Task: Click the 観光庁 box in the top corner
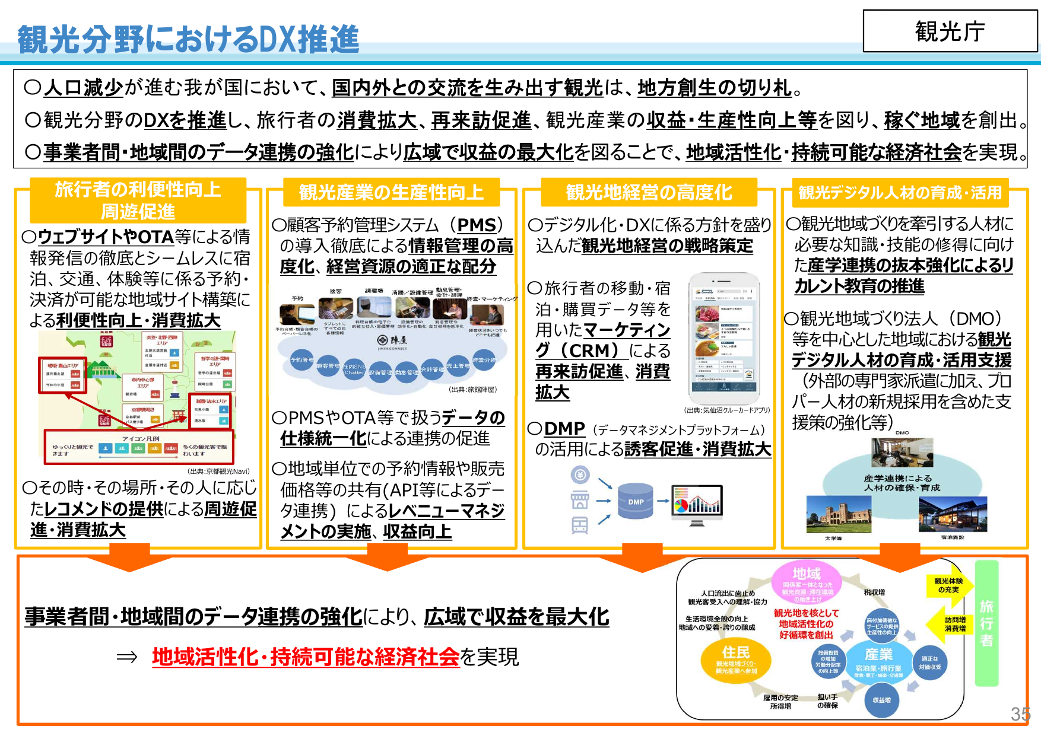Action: tap(950, 31)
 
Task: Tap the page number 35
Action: tap(1020, 714)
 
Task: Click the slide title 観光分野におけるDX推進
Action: tap(188, 39)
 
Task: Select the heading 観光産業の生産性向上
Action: tap(391, 192)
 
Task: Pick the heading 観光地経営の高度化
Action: tap(649, 192)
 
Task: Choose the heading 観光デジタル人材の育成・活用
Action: tap(900, 192)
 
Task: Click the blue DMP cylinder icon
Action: tap(635, 501)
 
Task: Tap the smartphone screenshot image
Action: tap(724, 339)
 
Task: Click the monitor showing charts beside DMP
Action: tap(697, 505)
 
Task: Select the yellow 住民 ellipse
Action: tap(736, 659)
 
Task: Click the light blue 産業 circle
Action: tap(878, 661)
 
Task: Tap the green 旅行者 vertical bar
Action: tap(986, 623)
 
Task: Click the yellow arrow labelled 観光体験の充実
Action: tap(948, 585)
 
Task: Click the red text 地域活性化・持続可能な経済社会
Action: tap(306, 657)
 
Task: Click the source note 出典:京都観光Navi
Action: tap(218, 471)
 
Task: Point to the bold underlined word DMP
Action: tap(564, 428)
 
